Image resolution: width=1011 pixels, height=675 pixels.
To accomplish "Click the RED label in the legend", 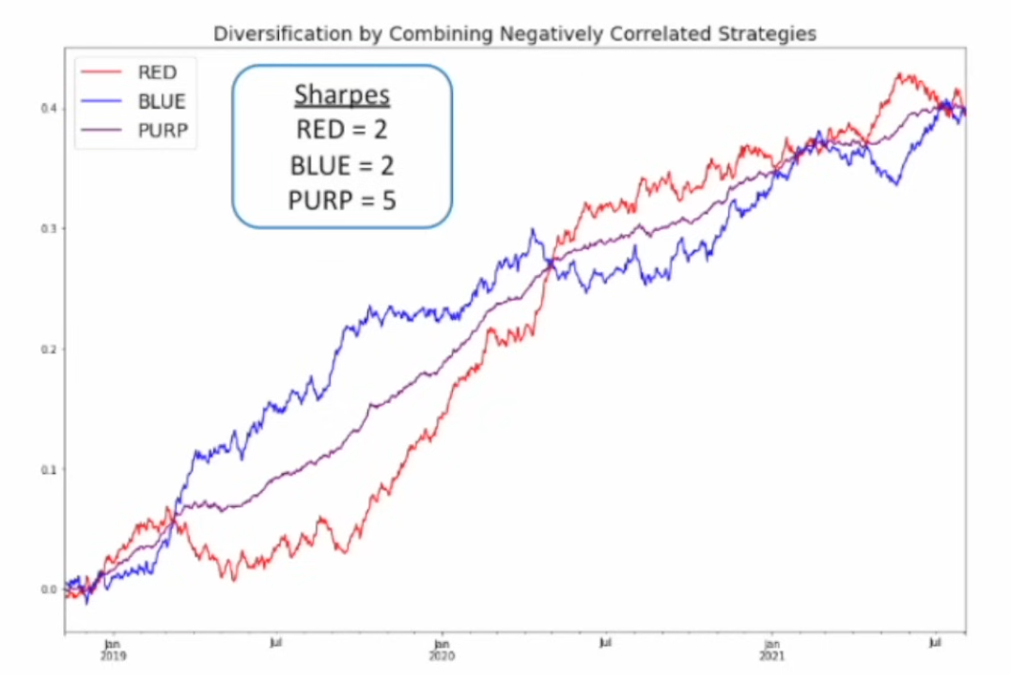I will pyautogui.click(x=157, y=72).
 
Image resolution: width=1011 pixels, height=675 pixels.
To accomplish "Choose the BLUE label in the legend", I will pyautogui.click(x=162, y=101).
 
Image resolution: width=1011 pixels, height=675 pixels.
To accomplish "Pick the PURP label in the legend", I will pyautogui.click(x=162, y=131).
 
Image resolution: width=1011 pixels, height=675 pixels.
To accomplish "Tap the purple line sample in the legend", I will pyautogui.click(x=102, y=131).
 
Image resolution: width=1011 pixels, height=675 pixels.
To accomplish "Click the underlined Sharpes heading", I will pyautogui.click(x=342, y=95).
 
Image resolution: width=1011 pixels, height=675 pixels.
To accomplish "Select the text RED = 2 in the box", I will pyautogui.click(x=342, y=130).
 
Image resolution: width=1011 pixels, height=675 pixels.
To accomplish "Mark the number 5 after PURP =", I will pyautogui.click(x=388, y=200).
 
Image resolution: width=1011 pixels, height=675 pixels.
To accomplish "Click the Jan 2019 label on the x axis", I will pyautogui.click(x=112, y=649).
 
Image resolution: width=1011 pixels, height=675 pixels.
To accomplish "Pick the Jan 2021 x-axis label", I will pyautogui.click(x=770, y=649).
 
